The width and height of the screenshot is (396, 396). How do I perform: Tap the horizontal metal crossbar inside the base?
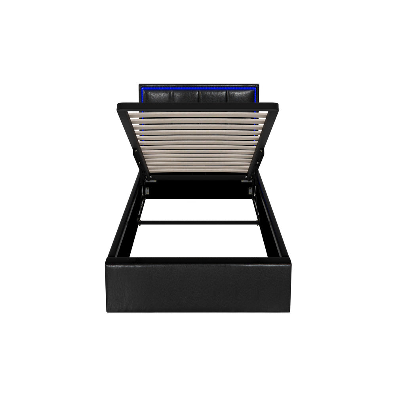click(x=198, y=223)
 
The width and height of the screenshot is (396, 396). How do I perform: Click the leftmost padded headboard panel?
click(x=158, y=95)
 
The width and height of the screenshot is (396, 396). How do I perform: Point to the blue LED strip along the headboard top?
click(x=198, y=88)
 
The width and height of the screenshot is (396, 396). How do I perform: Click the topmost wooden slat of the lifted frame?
click(x=198, y=114)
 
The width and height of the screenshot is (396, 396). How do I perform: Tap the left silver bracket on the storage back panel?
click(x=147, y=190)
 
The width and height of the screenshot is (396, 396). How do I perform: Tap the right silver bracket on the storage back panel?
click(x=250, y=190)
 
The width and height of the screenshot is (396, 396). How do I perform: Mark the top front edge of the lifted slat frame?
click(x=198, y=107)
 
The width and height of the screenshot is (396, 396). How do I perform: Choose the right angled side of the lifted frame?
click(x=263, y=143)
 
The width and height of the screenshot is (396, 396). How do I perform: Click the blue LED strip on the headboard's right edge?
click(x=257, y=95)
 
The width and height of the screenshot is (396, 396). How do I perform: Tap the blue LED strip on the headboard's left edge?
click(x=140, y=95)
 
